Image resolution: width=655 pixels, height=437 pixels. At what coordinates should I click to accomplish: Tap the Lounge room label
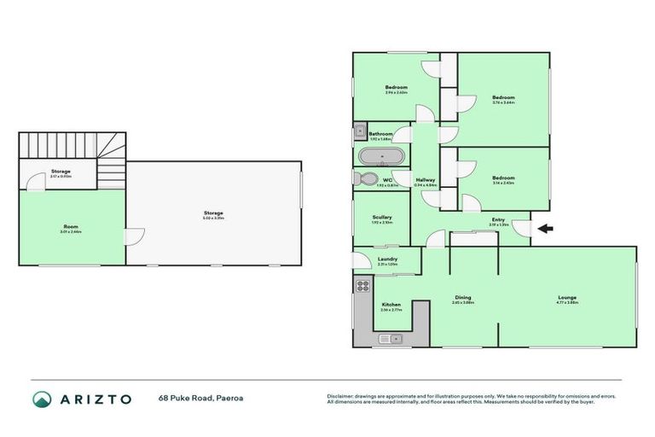tap(567, 298)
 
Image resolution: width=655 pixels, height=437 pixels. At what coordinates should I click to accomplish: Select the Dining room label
tap(462, 298)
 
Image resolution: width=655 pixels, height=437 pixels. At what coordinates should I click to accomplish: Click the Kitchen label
tap(391, 305)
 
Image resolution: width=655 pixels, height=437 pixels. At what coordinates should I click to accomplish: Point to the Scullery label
tap(382, 218)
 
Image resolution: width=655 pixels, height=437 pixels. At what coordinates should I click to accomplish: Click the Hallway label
tap(425, 180)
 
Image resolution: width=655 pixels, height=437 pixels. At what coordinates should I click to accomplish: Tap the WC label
tap(387, 179)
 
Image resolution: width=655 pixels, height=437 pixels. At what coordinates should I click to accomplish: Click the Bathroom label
tap(380, 134)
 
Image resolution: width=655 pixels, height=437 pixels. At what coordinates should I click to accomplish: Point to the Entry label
tap(499, 220)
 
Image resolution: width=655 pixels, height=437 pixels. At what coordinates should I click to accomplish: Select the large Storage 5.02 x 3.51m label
tap(212, 213)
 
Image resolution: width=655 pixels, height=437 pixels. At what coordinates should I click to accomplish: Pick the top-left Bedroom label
tap(396, 87)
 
